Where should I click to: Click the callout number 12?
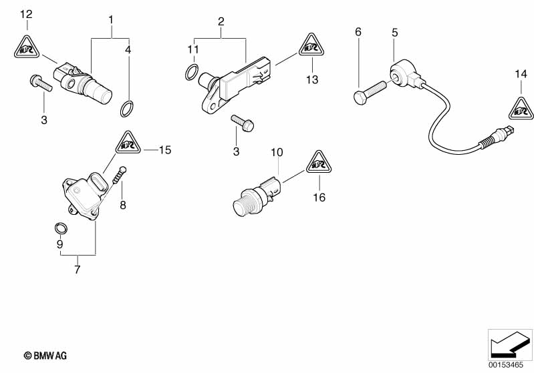click(26, 14)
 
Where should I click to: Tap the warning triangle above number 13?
click(311, 45)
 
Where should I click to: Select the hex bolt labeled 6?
click(370, 92)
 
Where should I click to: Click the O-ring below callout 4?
click(127, 109)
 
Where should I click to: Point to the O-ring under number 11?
click(192, 72)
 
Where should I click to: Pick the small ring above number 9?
click(61, 228)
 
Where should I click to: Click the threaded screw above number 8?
click(119, 175)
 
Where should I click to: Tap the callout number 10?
click(277, 152)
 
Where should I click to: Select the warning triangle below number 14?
click(521, 109)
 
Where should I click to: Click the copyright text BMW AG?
click(45, 356)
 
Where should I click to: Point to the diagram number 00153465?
click(506, 365)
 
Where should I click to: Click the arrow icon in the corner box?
click(510, 344)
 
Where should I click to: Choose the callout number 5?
click(395, 33)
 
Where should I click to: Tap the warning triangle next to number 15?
click(128, 143)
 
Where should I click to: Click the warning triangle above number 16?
click(319, 163)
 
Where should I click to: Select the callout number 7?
click(78, 270)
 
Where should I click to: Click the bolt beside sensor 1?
click(41, 83)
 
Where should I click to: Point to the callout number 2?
click(221, 21)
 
